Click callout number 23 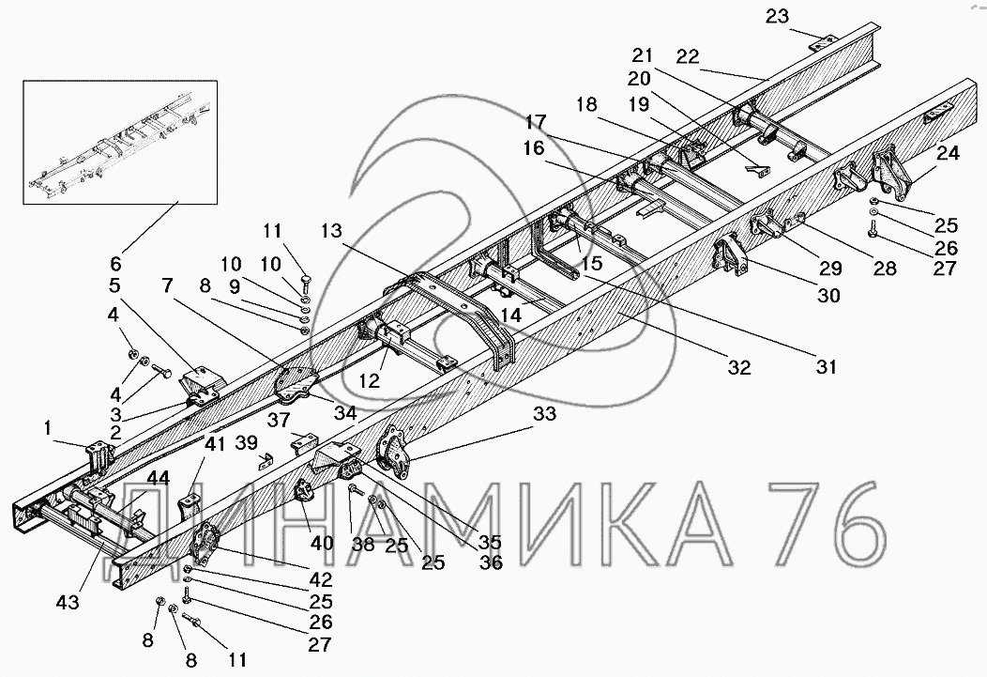[x=777, y=15]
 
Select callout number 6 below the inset [x=117, y=264]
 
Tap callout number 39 [x=246, y=442]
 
